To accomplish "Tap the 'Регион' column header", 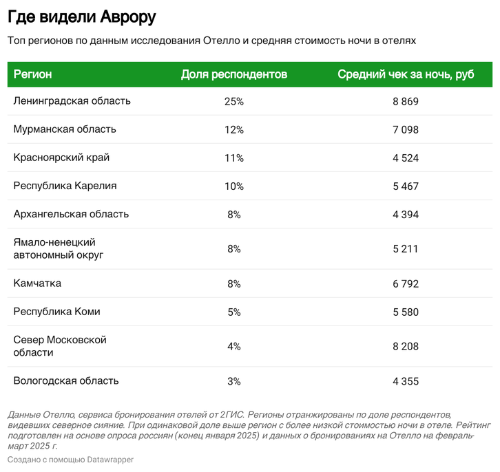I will tap(32, 74).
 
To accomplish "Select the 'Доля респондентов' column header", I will tap(233, 74).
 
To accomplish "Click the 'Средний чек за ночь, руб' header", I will tap(406, 74).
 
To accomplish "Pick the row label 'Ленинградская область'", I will tap(72, 101).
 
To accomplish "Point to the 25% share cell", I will tap(233, 101).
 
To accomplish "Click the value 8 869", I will tap(406, 101).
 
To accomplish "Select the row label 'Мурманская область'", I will tap(65, 129).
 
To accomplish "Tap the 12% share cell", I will tap(233, 129).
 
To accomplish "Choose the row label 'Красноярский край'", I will tap(61, 158).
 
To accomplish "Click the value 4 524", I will tap(406, 158).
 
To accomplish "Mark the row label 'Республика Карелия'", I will tap(65, 186).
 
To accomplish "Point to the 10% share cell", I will tap(233, 186).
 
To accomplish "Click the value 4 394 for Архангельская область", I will tap(406, 214).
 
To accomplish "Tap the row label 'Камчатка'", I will tap(37, 283).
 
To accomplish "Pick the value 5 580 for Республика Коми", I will tap(406, 311).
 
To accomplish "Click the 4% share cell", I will tap(233, 346).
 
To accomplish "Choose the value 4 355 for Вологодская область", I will tap(406, 380).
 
